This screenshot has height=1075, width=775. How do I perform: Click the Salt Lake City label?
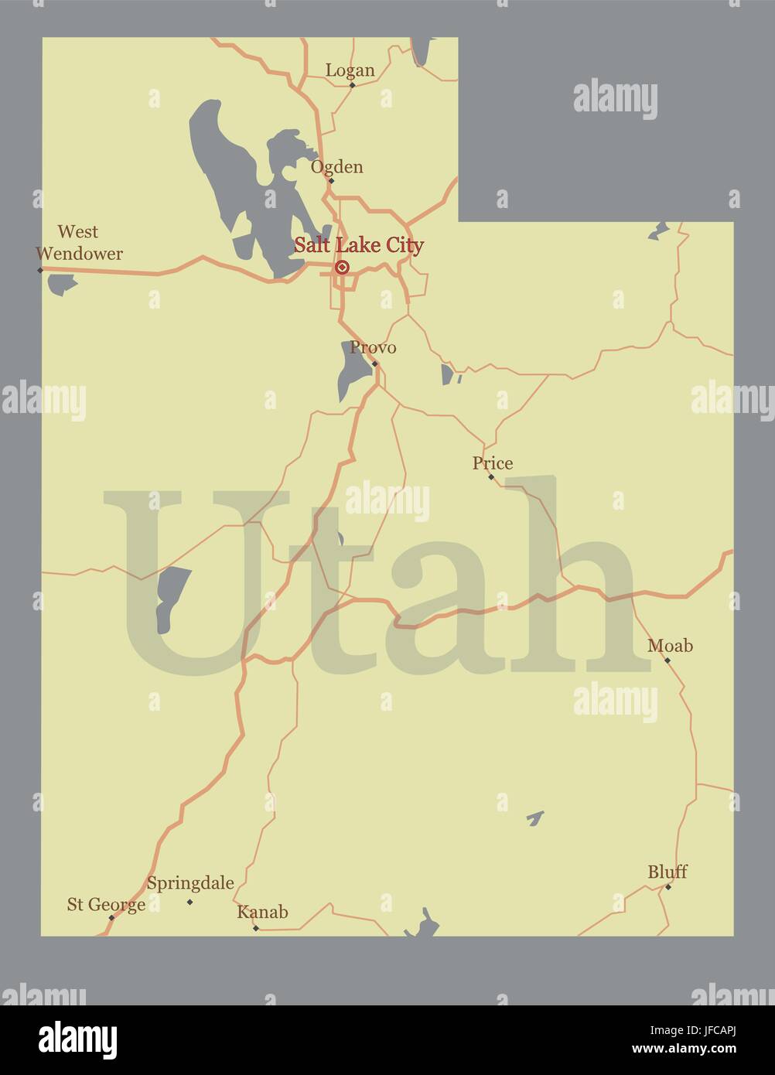pyautogui.click(x=358, y=245)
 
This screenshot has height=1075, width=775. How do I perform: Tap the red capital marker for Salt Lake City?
pyautogui.click(x=341, y=268)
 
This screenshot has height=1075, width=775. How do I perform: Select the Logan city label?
pyautogui.click(x=350, y=70)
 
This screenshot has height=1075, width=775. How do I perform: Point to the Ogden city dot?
pyautogui.click(x=331, y=181)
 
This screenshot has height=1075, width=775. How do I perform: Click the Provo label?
pyautogui.click(x=373, y=348)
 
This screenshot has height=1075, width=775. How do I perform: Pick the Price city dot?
pyautogui.click(x=490, y=477)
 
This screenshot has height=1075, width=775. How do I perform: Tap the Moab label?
pyautogui.click(x=670, y=646)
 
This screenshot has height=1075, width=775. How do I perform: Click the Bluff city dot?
pyautogui.click(x=668, y=886)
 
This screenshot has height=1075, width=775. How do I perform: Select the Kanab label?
pyautogui.click(x=262, y=912)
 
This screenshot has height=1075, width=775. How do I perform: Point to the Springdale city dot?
pyautogui.click(x=189, y=902)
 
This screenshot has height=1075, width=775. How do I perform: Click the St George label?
pyautogui.click(x=106, y=904)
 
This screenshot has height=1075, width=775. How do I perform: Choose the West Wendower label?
pyautogui.click(x=79, y=242)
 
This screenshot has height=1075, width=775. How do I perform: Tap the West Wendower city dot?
pyautogui.click(x=40, y=270)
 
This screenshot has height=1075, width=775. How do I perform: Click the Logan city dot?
pyautogui.click(x=352, y=85)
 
